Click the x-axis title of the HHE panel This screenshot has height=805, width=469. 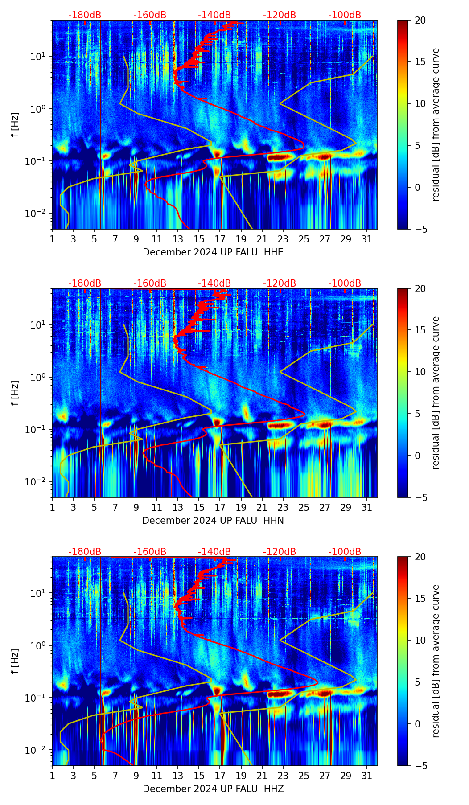pyautogui.click(x=213, y=252)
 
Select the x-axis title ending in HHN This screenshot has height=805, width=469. pyautogui.click(x=213, y=521)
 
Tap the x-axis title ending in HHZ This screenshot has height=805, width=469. pyautogui.click(x=213, y=789)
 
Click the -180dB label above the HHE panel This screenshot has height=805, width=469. pyautogui.click(x=85, y=15)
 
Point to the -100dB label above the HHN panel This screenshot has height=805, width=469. pyautogui.click(x=345, y=283)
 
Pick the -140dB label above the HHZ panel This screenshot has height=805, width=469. pyautogui.click(x=214, y=552)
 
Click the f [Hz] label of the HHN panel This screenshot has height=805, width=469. pyautogui.click(x=15, y=393)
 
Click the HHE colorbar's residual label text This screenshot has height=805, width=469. pyautogui.click(x=436, y=124)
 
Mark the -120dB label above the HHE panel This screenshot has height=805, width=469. pyautogui.click(x=280, y=15)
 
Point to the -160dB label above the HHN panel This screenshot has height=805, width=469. pyautogui.click(x=150, y=283)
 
